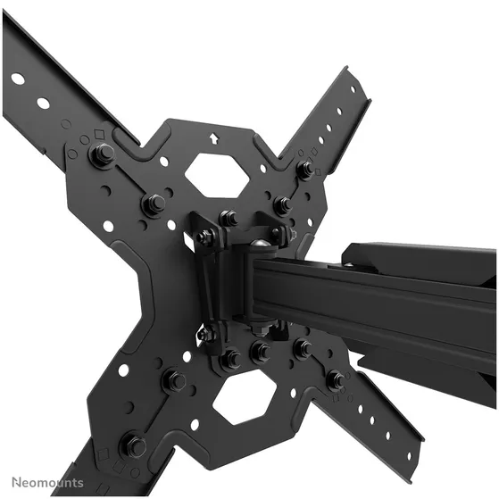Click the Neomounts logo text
[47, 482]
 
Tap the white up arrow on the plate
[213, 138]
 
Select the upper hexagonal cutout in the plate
[216, 175]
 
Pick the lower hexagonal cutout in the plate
[245, 397]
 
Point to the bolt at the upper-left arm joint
[102, 153]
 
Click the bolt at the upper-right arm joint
[305, 169]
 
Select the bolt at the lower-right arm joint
[336, 379]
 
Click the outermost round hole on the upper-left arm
[18, 79]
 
